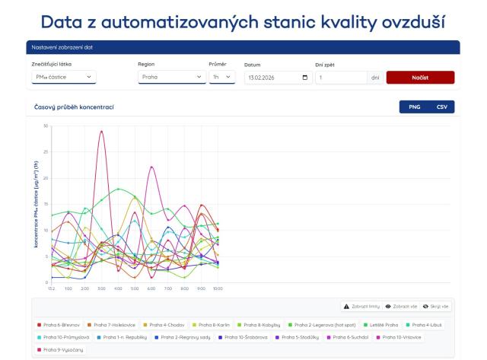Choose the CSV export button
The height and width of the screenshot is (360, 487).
tap(441, 107)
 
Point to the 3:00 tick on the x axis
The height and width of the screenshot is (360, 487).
tap(101, 288)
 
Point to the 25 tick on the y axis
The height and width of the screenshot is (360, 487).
tap(46, 151)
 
